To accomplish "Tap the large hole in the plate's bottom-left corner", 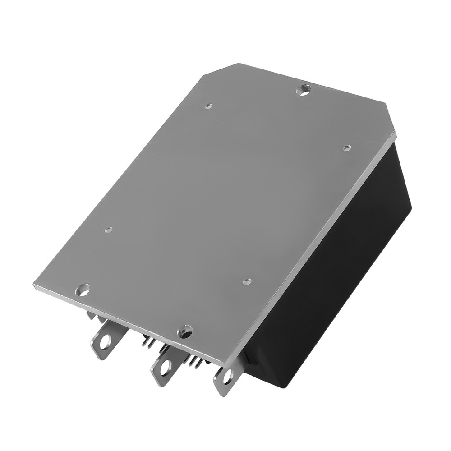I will click(84, 290).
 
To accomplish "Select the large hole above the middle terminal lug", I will click(185, 332).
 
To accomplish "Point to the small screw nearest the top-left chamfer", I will click(208, 106).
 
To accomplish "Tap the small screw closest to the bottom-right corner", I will click(247, 282).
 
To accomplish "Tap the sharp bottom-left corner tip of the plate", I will click(34, 285).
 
